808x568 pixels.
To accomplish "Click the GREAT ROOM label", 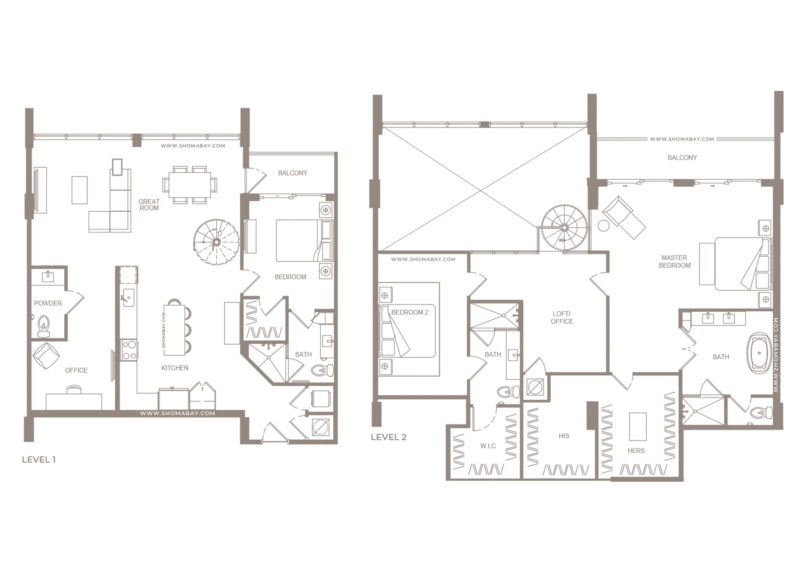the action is click(149, 204).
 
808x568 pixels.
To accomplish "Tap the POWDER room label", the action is click(48, 303).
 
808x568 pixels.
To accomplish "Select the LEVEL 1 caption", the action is click(39, 459).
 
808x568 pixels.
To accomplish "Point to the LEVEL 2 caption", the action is click(388, 437).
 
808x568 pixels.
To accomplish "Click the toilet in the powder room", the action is click(44, 327).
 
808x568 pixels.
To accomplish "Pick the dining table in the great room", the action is click(190, 185).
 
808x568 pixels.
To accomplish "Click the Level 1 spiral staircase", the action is click(216, 242).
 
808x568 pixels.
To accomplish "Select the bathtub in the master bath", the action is click(759, 353).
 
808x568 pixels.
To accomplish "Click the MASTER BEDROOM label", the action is click(674, 261).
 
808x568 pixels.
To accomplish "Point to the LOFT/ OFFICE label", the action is click(562, 318).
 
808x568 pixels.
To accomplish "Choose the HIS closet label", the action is click(564, 436).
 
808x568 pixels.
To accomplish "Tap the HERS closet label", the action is click(636, 451).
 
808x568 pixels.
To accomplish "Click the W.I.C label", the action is click(488, 446).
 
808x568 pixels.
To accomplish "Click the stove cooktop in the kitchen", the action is click(129, 350).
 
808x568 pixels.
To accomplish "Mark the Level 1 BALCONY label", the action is click(292, 173).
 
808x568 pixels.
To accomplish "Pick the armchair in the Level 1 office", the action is click(46, 356).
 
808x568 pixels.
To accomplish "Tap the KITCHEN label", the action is click(175, 368).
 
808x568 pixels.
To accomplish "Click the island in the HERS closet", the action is click(638, 426).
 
